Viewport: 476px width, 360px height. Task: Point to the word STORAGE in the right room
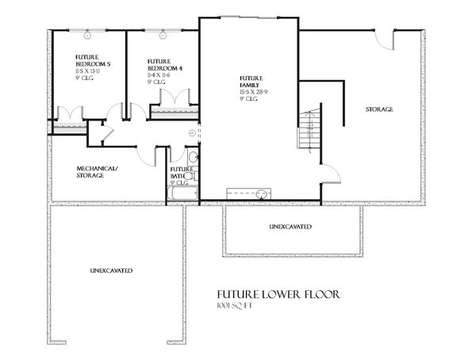[378, 109]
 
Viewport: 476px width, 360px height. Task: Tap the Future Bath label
[182, 173]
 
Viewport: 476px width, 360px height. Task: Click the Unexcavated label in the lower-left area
[110, 272]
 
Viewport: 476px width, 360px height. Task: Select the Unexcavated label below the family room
[290, 228]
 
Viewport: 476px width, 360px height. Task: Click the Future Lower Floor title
[269, 294]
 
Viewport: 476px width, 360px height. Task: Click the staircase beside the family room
[309, 127]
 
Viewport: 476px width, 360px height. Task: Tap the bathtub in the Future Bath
[182, 192]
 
